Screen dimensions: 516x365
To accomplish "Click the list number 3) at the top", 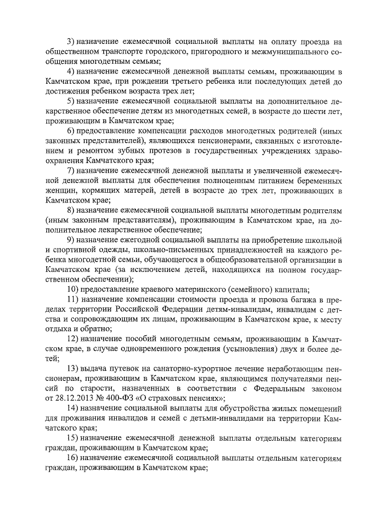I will [x=71, y=41].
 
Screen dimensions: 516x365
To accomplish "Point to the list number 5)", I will [x=71, y=101].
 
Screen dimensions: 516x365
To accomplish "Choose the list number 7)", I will [x=71, y=171].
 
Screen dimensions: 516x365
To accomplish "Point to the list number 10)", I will [x=73, y=289].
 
